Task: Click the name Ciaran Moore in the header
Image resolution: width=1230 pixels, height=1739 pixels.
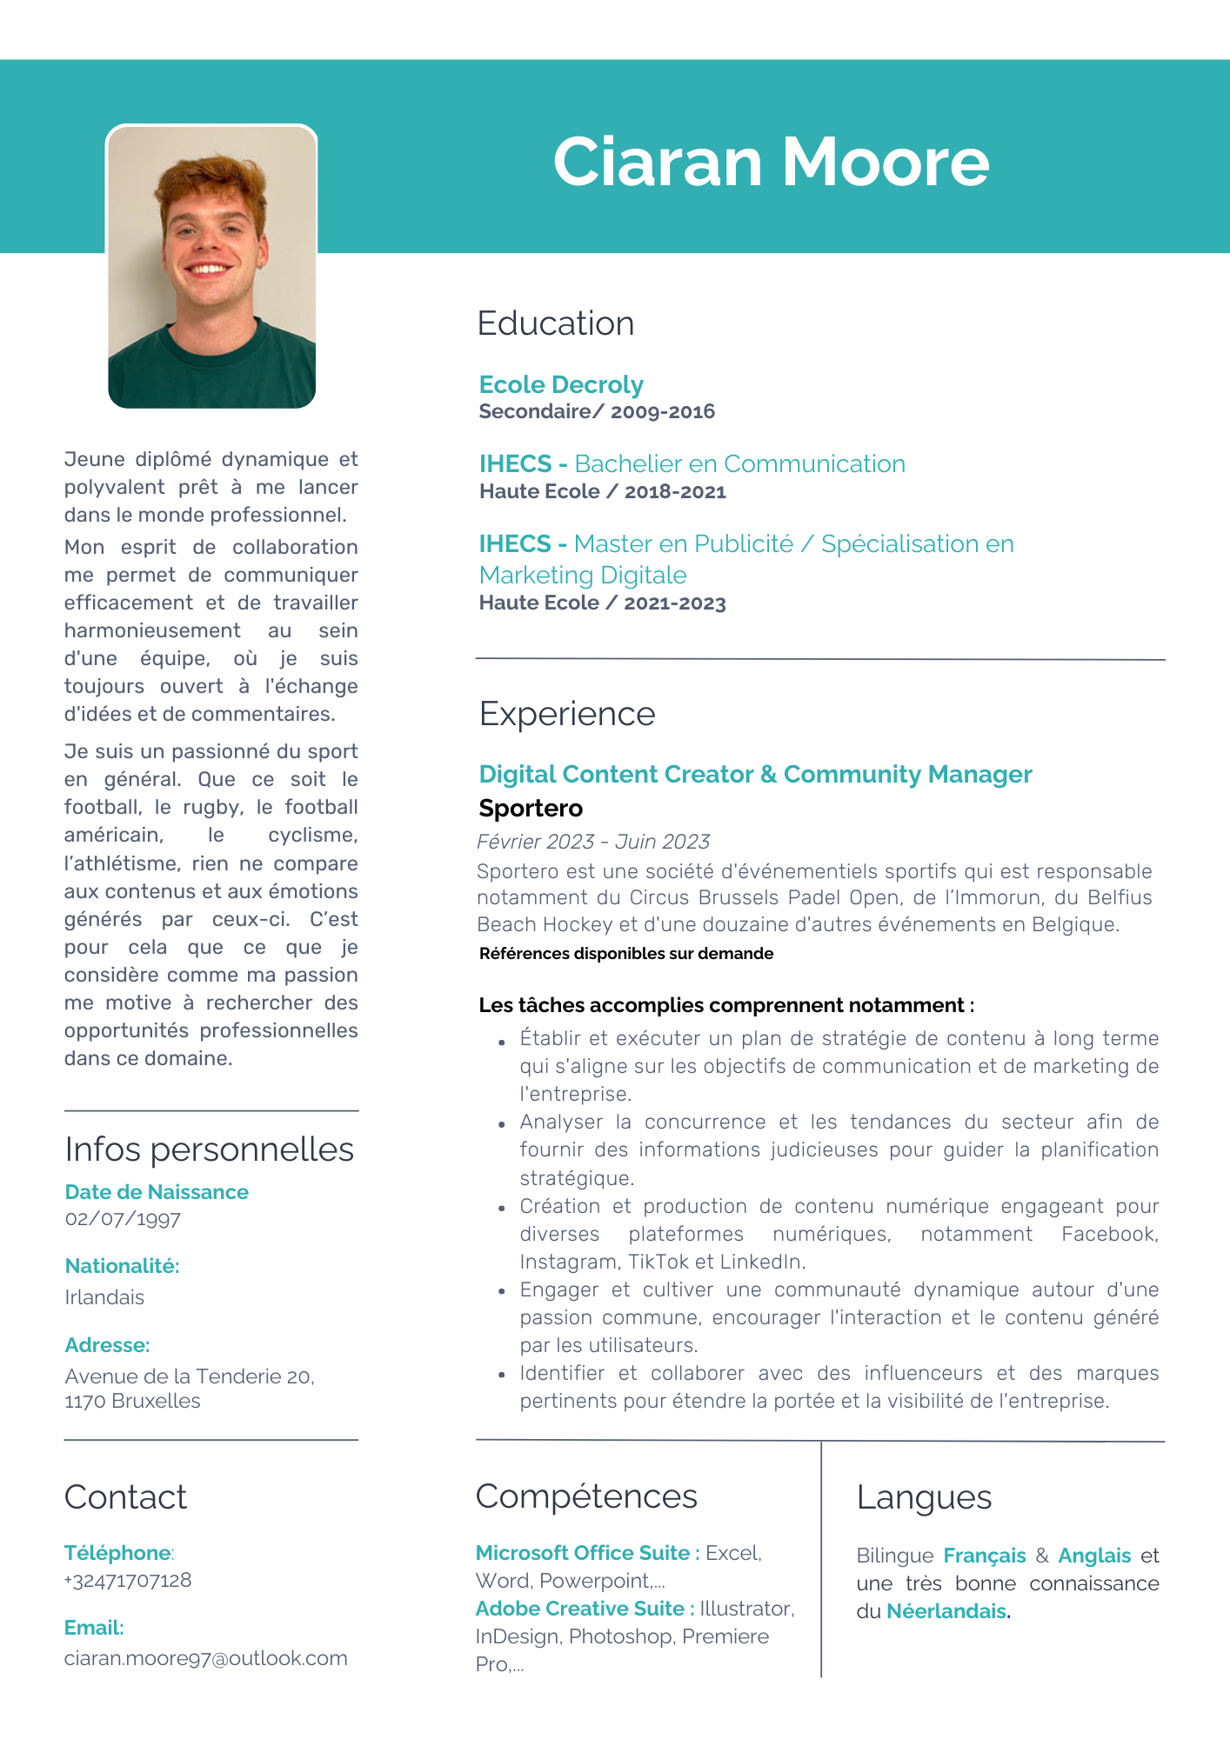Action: [771, 163]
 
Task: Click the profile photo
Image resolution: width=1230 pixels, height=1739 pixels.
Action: [211, 266]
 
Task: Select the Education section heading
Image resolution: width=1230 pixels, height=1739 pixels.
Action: [556, 323]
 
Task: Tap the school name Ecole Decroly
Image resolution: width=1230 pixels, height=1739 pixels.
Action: [561, 384]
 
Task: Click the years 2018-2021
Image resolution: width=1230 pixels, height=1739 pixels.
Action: [674, 492]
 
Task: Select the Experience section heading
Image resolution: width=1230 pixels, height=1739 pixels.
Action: [567, 714]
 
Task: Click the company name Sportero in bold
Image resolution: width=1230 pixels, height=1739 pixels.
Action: [531, 808]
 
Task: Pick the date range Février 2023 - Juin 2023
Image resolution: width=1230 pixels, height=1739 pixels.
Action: [593, 842]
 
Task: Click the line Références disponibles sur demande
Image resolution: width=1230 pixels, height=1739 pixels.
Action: [625, 954]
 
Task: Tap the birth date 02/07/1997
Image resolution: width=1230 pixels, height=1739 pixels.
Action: [123, 1219]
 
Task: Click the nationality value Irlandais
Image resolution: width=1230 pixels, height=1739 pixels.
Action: [104, 1297]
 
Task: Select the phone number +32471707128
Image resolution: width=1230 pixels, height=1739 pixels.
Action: [128, 1580]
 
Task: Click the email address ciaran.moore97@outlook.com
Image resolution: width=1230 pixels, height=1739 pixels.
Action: [205, 1658]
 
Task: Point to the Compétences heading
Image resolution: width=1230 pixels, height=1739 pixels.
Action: [586, 1496]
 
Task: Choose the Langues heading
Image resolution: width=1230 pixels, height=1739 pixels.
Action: [924, 1497]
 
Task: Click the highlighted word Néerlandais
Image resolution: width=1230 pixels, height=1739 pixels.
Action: [946, 1611]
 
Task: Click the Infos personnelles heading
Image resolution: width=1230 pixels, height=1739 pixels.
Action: [209, 1149]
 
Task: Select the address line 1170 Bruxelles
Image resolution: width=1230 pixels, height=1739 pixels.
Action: [132, 1401]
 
